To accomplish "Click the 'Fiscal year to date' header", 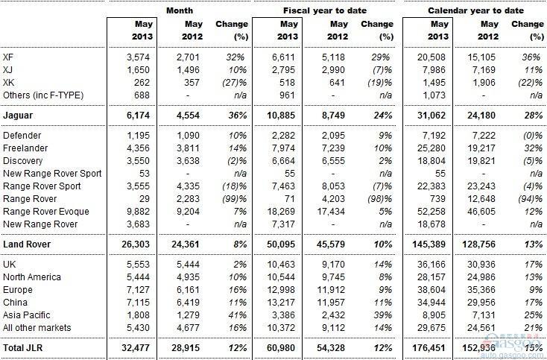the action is pyautogui.click(x=325, y=10).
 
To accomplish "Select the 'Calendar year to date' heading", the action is pyautogui.click(x=476, y=10).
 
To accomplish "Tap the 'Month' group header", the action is pyautogui.click(x=180, y=10).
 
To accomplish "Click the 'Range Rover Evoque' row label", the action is pyautogui.click(x=46, y=212).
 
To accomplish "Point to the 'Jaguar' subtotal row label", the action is pyautogui.click(x=18, y=116).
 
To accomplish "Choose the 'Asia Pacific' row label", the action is pyautogui.click(x=27, y=315).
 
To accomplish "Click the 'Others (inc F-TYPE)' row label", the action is pyautogui.click(x=43, y=95).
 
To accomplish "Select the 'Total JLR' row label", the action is pyautogui.click(x=23, y=348).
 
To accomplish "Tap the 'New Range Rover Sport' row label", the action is pyautogui.click(x=52, y=174).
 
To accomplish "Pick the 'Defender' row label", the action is pyautogui.click(x=22, y=136).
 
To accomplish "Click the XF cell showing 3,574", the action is pyautogui.click(x=138, y=57).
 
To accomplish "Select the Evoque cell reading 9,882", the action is pyautogui.click(x=138, y=212).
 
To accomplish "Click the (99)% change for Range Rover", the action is pyautogui.click(x=235, y=199).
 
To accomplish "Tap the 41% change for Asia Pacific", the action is pyautogui.click(x=237, y=315).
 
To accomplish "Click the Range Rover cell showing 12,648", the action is pyautogui.click(x=481, y=199).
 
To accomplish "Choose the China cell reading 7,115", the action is pyautogui.click(x=138, y=303).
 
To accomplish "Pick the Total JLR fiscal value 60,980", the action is pyautogui.click(x=281, y=348).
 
